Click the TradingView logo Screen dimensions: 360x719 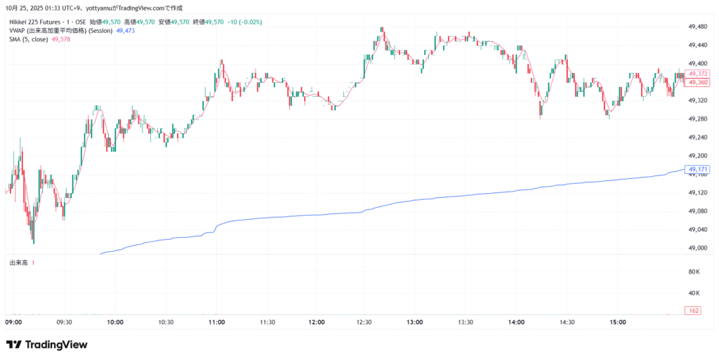coord(47,345)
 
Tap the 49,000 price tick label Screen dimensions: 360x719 coord(697,248)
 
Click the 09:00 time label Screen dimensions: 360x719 coord(14,322)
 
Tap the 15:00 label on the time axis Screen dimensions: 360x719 coord(618,322)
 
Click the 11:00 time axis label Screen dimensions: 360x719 coord(216,322)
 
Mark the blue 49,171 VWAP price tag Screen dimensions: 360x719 coord(699,169)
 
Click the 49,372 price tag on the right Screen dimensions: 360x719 coord(699,74)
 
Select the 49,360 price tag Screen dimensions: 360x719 coord(699,82)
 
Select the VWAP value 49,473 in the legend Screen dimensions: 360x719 coord(126,31)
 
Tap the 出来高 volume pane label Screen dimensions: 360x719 coord(18,262)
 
